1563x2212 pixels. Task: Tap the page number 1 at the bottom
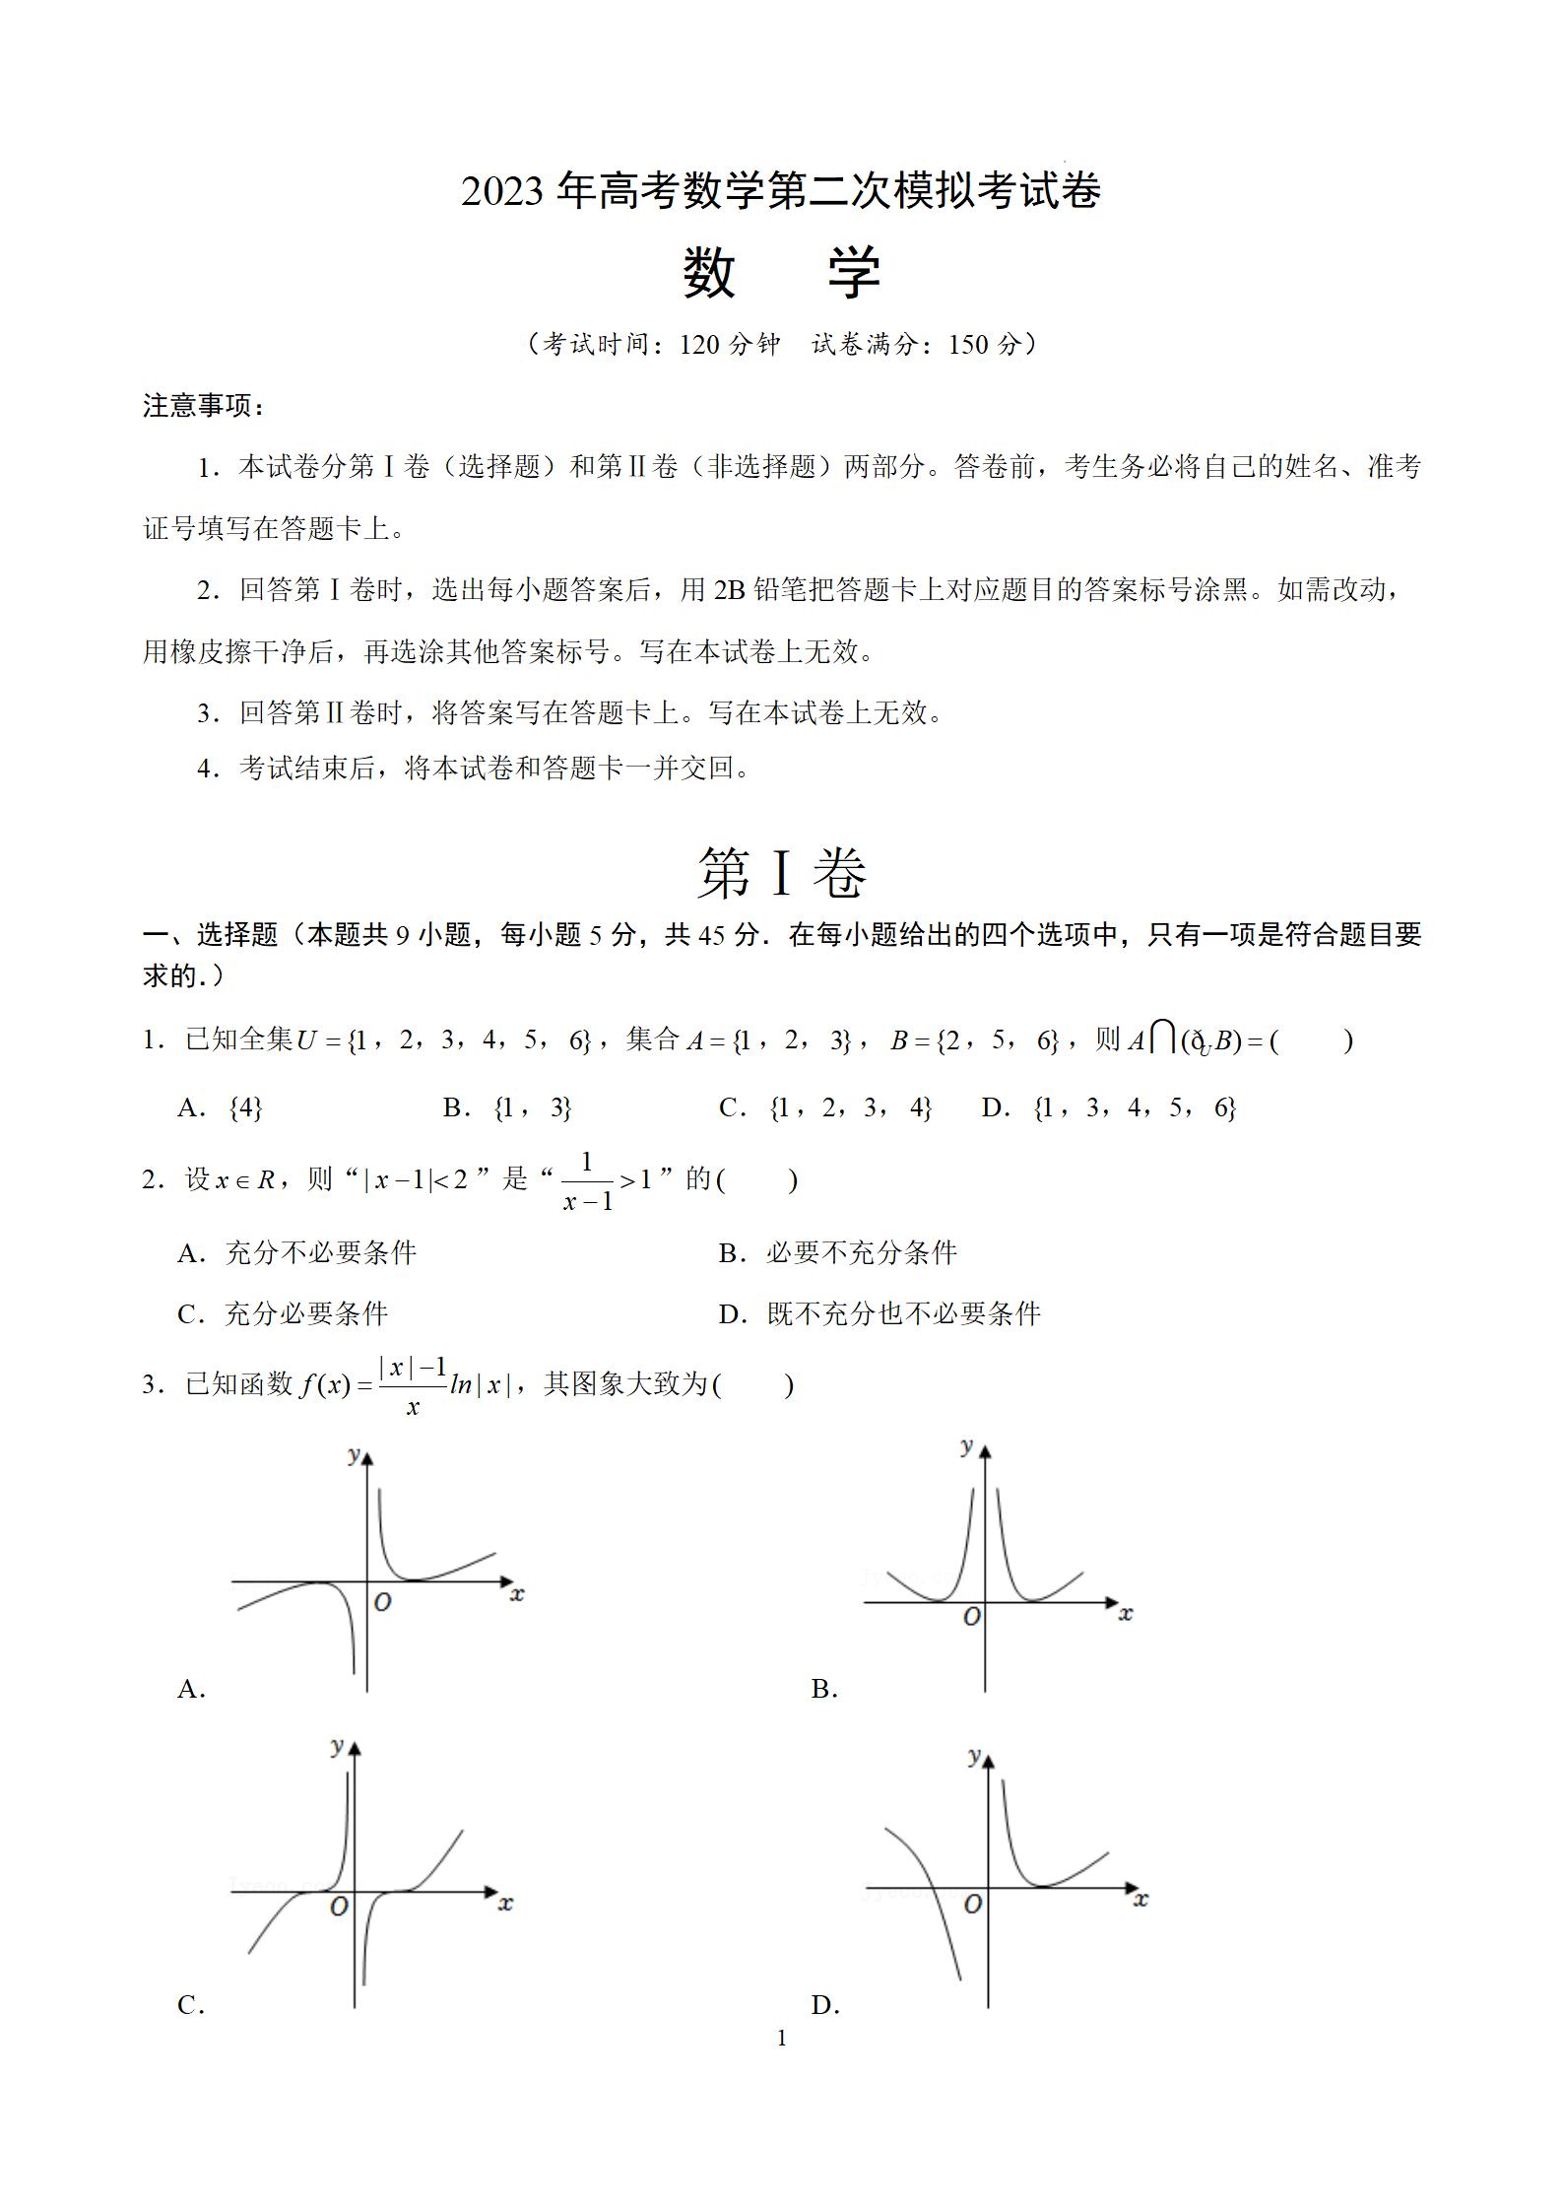(x=782, y=2038)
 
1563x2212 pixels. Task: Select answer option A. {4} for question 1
(x=221, y=1108)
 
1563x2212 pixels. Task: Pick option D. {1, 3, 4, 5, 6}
(x=1108, y=1108)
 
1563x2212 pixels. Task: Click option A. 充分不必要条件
(x=297, y=1252)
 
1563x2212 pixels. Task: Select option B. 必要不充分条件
(x=838, y=1252)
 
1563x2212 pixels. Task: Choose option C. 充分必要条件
(x=284, y=1313)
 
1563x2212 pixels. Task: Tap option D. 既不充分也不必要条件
(x=879, y=1313)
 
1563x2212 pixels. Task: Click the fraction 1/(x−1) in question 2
(x=588, y=1181)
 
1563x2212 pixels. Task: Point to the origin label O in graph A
(x=382, y=1602)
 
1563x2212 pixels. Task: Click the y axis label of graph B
(x=966, y=1446)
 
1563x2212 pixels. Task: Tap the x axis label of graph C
(x=505, y=1903)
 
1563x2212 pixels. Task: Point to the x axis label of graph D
(x=1140, y=1899)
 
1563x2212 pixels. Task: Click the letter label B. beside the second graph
(x=824, y=1690)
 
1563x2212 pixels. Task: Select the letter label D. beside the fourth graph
(x=824, y=2005)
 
